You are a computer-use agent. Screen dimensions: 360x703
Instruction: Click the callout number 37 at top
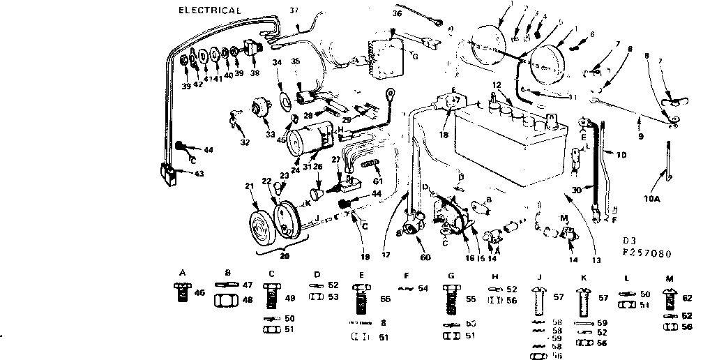click(294, 10)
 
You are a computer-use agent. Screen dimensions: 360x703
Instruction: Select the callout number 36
click(398, 13)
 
